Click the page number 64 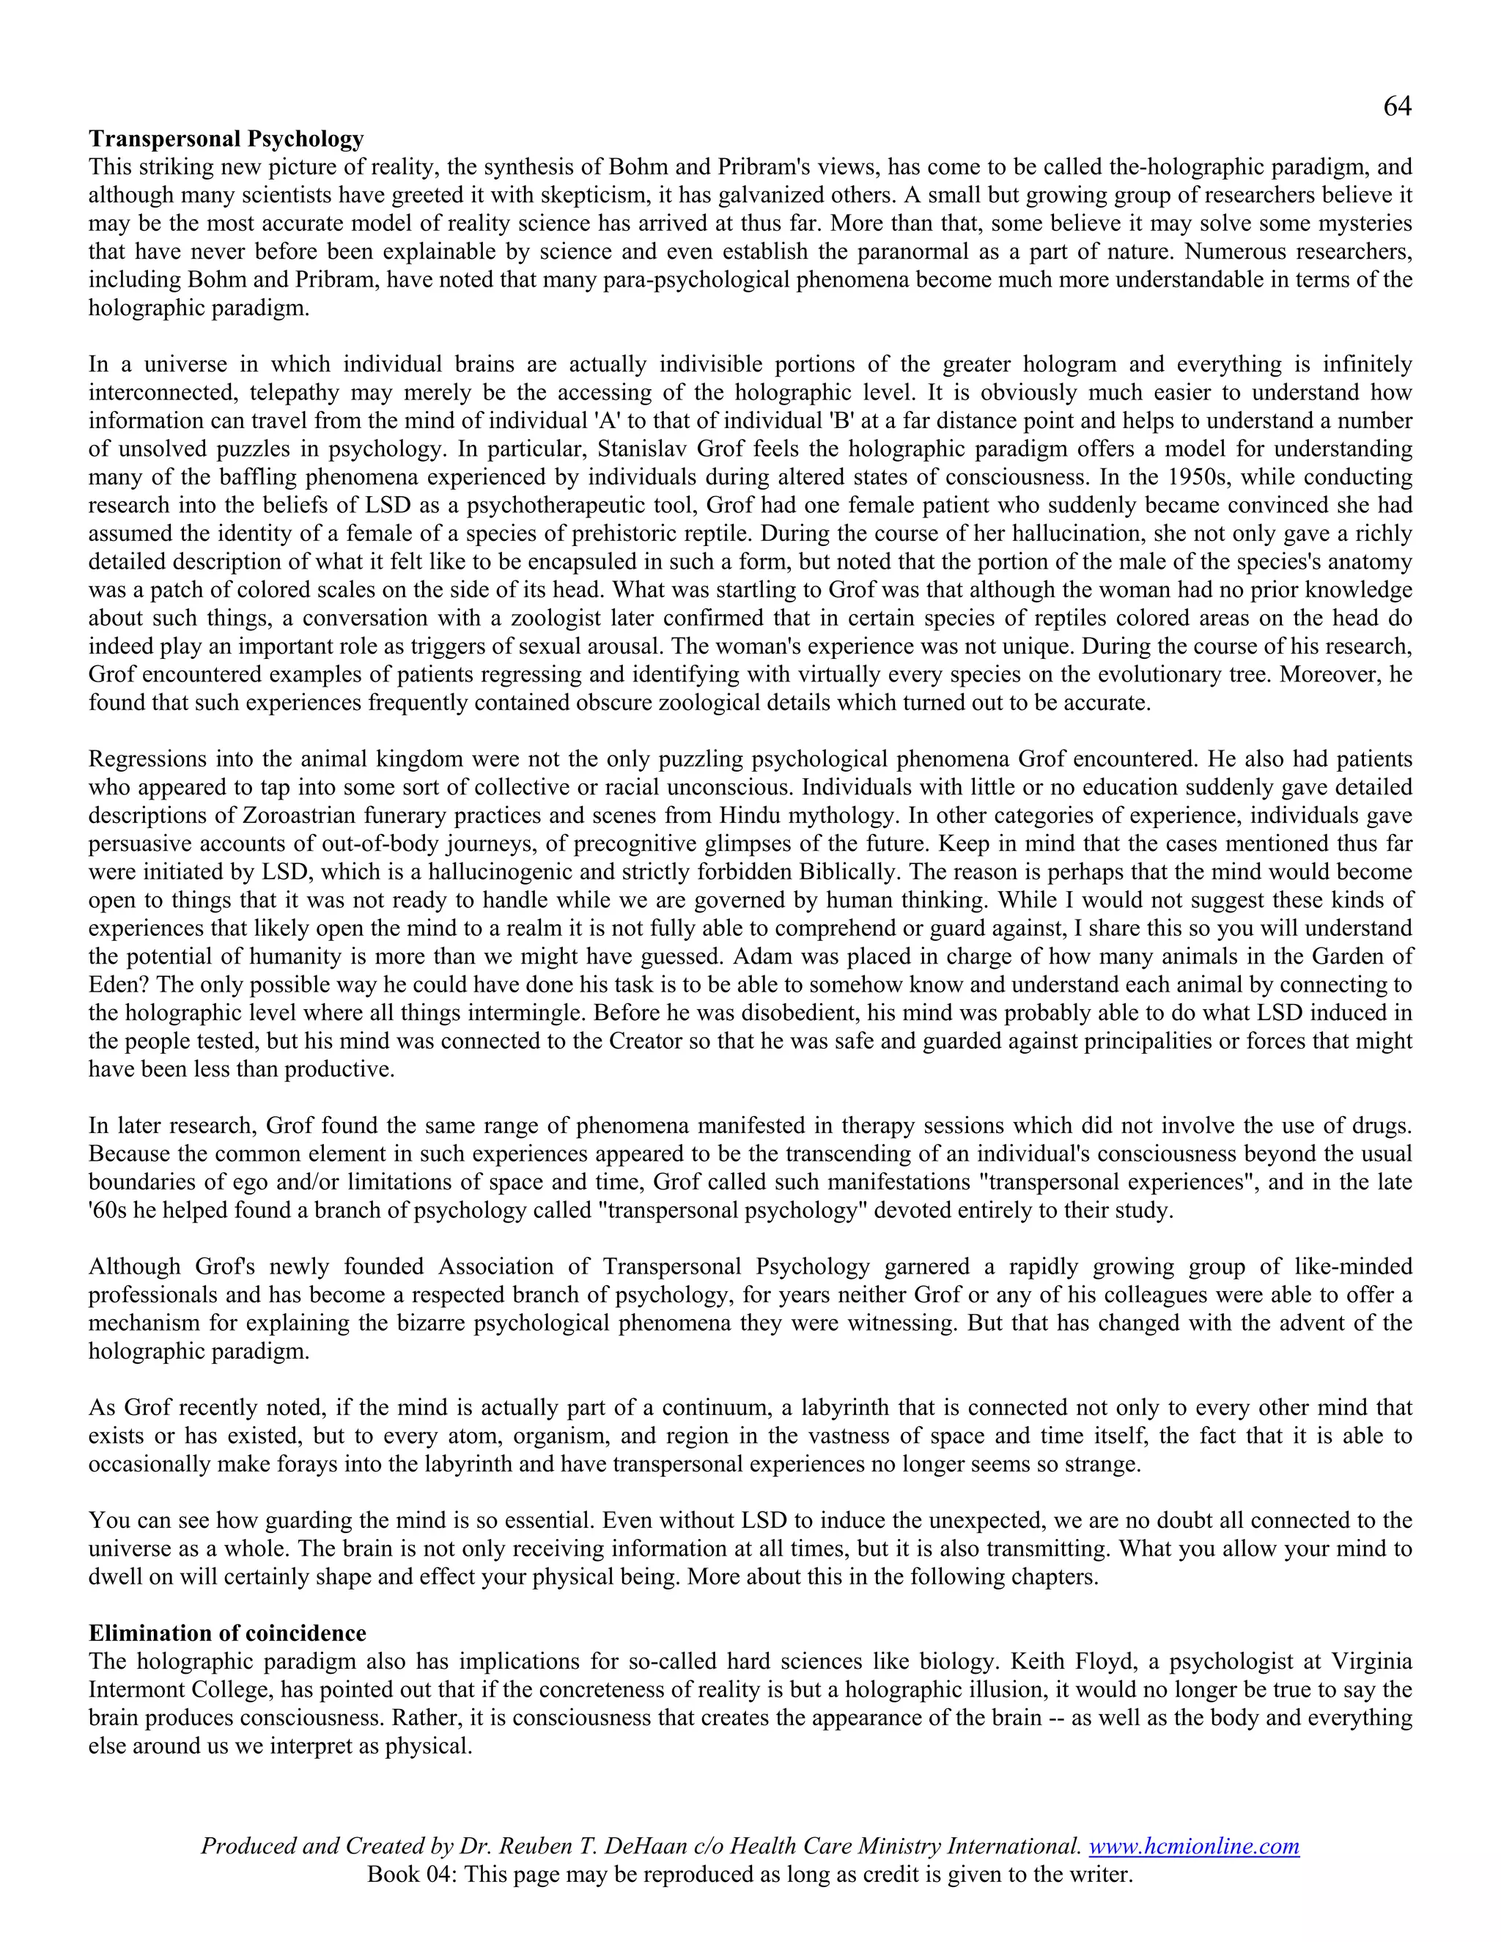pos(1397,107)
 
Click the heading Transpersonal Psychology pos(226,139)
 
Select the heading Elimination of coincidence pos(226,1633)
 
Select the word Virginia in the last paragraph pos(1371,1662)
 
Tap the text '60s pos(108,1211)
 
